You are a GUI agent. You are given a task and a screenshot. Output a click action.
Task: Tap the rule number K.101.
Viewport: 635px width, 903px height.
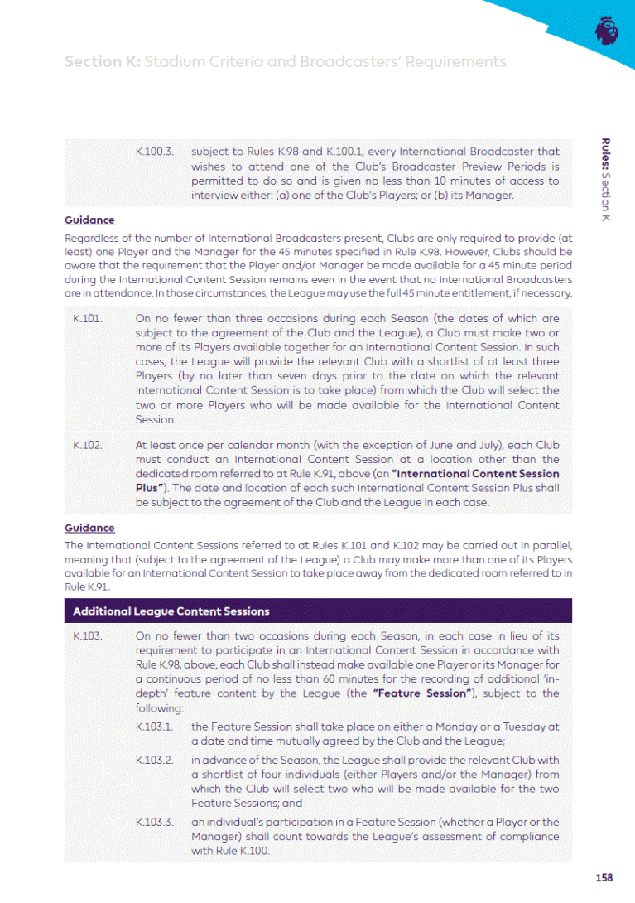pyautogui.click(x=86, y=318)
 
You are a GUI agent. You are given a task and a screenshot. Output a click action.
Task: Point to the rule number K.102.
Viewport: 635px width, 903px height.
pyautogui.click(x=87, y=445)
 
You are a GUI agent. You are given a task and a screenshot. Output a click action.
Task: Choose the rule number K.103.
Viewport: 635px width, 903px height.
pyautogui.click(x=87, y=636)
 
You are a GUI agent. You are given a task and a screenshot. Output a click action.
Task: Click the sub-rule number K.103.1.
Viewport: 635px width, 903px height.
pyautogui.click(x=154, y=727)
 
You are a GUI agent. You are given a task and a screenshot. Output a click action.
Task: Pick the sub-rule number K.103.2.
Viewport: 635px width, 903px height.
pyautogui.click(x=155, y=760)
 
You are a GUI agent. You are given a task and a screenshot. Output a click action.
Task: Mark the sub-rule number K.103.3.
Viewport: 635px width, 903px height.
pyautogui.click(x=155, y=822)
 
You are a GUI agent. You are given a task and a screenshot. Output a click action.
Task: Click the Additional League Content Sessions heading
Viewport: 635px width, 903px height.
pyautogui.click(x=171, y=611)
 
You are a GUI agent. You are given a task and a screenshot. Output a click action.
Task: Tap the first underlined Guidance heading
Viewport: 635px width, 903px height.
pyautogui.click(x=89, y=220)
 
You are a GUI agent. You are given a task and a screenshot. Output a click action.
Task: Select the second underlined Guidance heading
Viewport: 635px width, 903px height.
pyautogui.click(x=89, y=528)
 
